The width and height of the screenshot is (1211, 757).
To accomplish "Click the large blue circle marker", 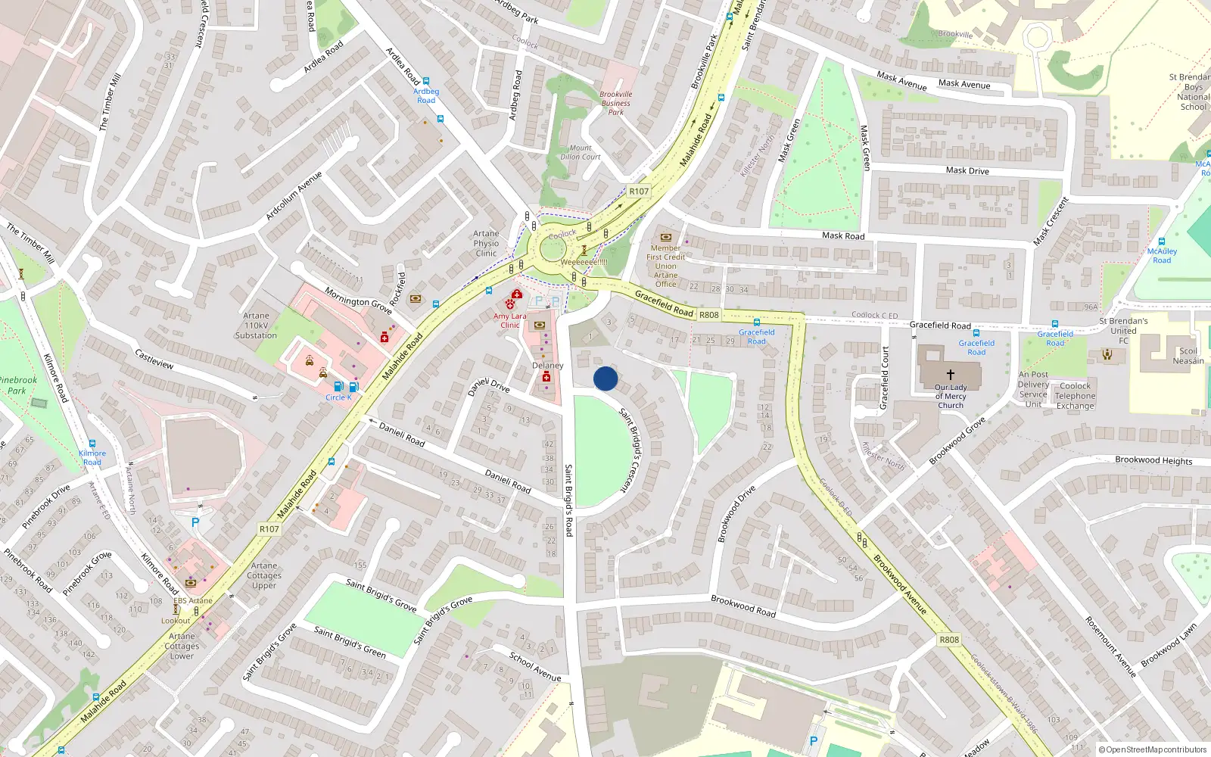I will [605, 378].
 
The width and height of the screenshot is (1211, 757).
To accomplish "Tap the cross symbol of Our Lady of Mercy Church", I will [950, 374].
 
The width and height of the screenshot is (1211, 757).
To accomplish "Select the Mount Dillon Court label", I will [581, 152].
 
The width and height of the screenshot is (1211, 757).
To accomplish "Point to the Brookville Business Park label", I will [616, 103].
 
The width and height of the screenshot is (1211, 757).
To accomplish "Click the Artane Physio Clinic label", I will [486, 243].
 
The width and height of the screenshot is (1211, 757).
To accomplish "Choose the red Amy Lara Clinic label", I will [509, 321].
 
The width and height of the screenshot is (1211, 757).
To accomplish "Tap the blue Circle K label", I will [338, 397].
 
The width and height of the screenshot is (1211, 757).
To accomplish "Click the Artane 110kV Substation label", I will [256, 326].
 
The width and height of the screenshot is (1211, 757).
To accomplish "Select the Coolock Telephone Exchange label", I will [1075, 396].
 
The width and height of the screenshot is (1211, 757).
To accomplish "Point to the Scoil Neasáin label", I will [1188, 356].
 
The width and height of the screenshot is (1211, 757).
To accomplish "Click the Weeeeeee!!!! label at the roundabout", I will [584, 262].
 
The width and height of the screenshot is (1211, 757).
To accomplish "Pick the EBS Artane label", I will [192, 601].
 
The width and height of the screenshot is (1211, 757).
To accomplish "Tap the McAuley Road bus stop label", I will [1162, 256].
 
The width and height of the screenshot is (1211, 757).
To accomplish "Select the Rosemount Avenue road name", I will [1110, 646].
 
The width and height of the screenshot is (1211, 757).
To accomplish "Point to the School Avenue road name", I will [535, 666].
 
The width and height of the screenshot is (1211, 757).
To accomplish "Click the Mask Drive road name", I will [967, 171].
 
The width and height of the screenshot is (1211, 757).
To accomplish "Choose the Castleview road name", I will [154, 359].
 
